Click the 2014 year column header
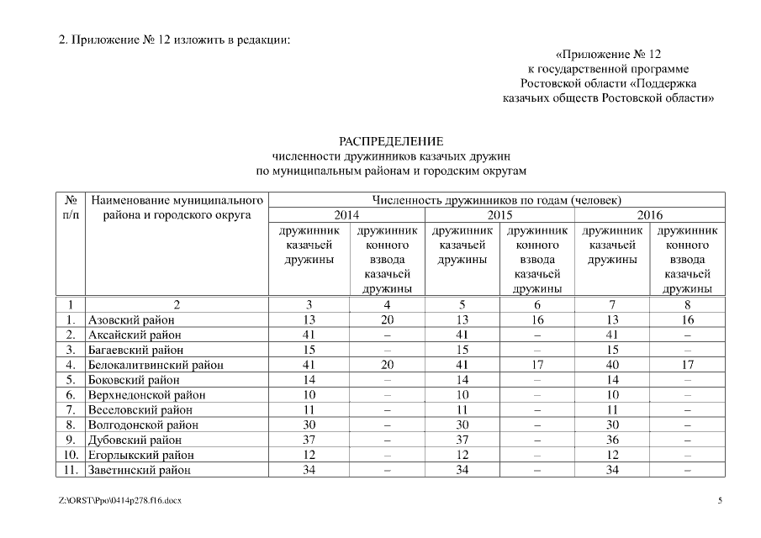click(x=346, y=215)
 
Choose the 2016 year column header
click(x=650, y=215)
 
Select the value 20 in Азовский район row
click(x=387, y=320)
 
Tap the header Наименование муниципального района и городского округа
click(x=177, y=208)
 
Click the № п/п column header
click(x=71, y=208)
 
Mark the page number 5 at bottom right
click(x=720, y=501)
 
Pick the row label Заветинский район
click(x=140, y=470)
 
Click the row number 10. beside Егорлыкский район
click(x=71, y=455)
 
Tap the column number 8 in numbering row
click(x=687, y=304)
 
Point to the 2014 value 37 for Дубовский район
click(x=309, y=440)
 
